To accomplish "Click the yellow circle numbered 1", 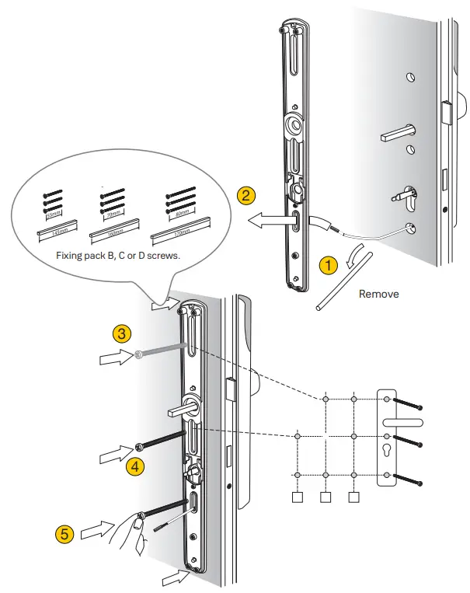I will pos(328,265).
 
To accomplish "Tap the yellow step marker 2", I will pos(246,196).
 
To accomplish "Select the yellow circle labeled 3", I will pos(121,334).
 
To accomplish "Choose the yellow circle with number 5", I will pos(67,535).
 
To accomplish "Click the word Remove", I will pos(379,295).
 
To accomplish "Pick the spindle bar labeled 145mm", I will pos(54,232).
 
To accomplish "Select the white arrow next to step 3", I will pos(113,358).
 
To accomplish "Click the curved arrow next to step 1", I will pos(353,254).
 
